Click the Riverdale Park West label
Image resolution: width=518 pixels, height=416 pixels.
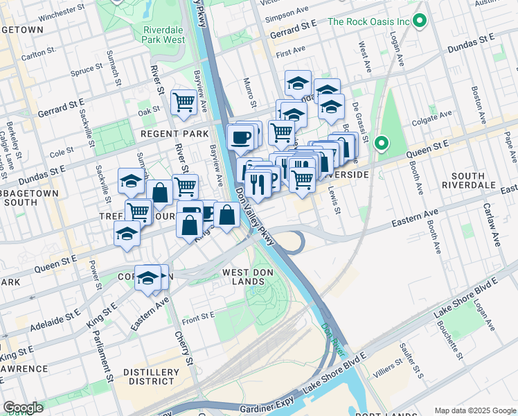tap(164, 35)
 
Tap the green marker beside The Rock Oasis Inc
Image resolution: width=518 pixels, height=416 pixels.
tap(419, 21)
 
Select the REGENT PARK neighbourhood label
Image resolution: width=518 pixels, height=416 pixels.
tap(175, 133)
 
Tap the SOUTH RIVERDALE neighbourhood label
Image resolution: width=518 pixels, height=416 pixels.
tap(473, 181)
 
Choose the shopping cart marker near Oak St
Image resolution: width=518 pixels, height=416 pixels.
tap(184, 103)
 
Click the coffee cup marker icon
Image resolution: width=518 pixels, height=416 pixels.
tap(240, 137)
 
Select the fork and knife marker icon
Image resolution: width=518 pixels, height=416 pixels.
tap(256, 185)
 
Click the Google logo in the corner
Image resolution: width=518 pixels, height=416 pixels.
tap(23, 408)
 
